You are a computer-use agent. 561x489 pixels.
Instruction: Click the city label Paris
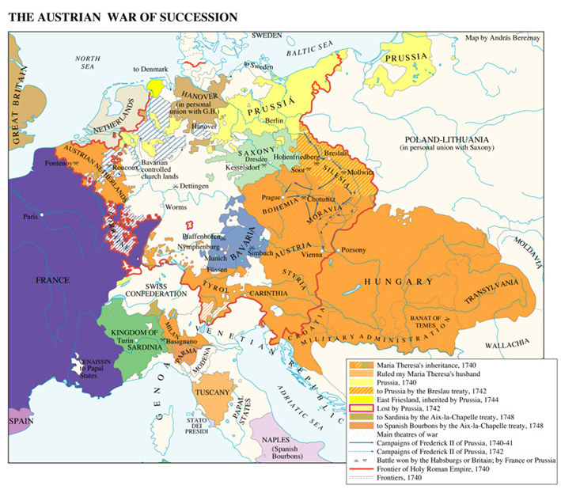[32, 216]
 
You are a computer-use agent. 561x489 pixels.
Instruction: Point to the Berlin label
[275, 120]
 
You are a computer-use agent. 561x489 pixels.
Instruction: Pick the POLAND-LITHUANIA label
[446, 139]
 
